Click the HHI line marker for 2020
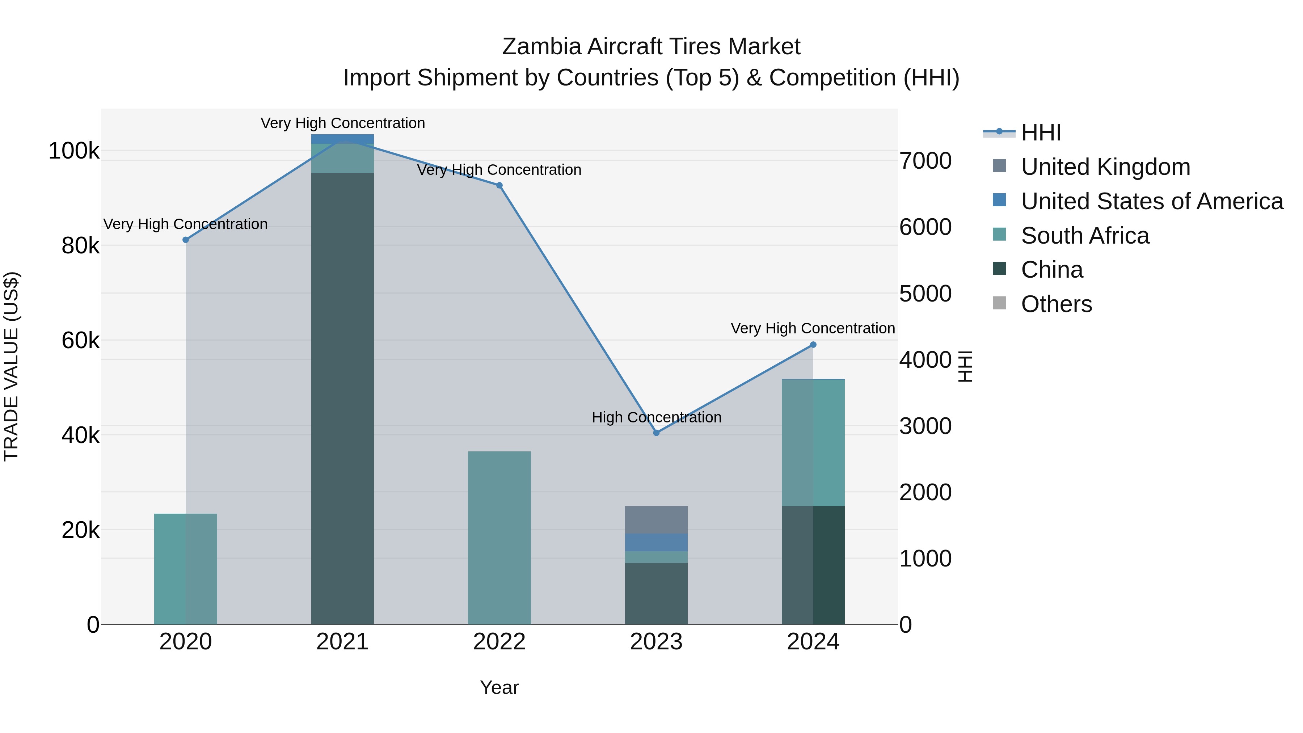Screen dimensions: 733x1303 click(x=186, y=240)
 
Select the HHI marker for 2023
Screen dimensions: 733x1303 click(x=657, y=433)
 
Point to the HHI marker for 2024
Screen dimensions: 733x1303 click(x=813, y=345)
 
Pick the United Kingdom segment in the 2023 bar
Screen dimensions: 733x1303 click(x=657, y=519)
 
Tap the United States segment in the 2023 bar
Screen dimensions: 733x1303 click(x=657, y=542)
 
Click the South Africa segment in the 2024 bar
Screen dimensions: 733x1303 click(x=813, y=443)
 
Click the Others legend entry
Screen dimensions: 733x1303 click(x=1056, y=304)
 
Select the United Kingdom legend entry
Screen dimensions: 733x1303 click(x=1105, y=167)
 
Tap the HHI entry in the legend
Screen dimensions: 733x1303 click(x=1041, y=132)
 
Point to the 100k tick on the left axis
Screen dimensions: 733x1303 click(x=74, y=151)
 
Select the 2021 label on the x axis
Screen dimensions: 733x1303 click(x=342, y=642)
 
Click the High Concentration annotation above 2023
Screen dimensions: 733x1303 click(x=657, y=417)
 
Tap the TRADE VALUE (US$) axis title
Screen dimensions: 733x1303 click(x=11, y=366)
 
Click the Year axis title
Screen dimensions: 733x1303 click(x=499, y=687)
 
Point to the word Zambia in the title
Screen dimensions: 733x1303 click(x=542, y=47)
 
